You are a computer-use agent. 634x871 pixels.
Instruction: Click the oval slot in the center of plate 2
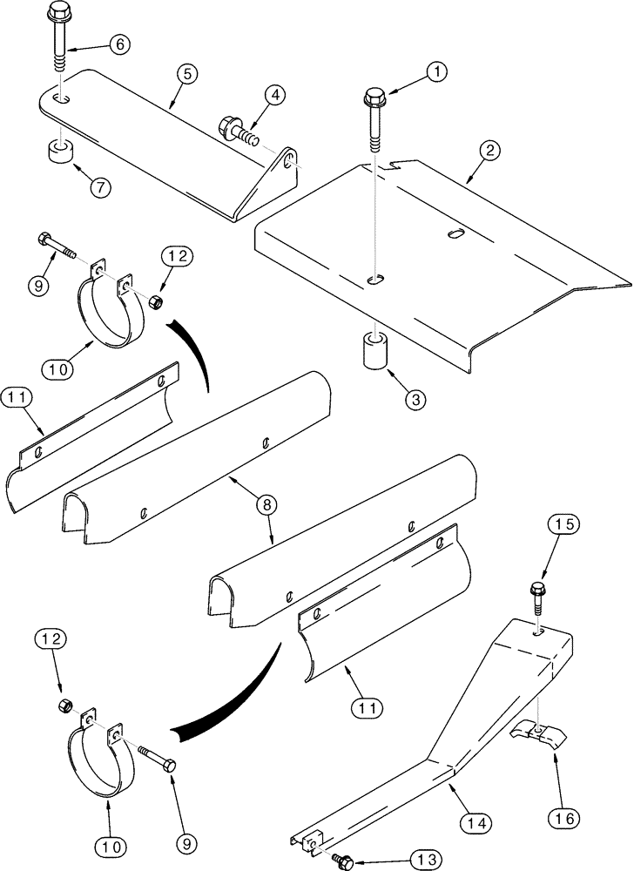coord(453,233)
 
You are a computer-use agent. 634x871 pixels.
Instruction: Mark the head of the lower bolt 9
coord(169,764)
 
